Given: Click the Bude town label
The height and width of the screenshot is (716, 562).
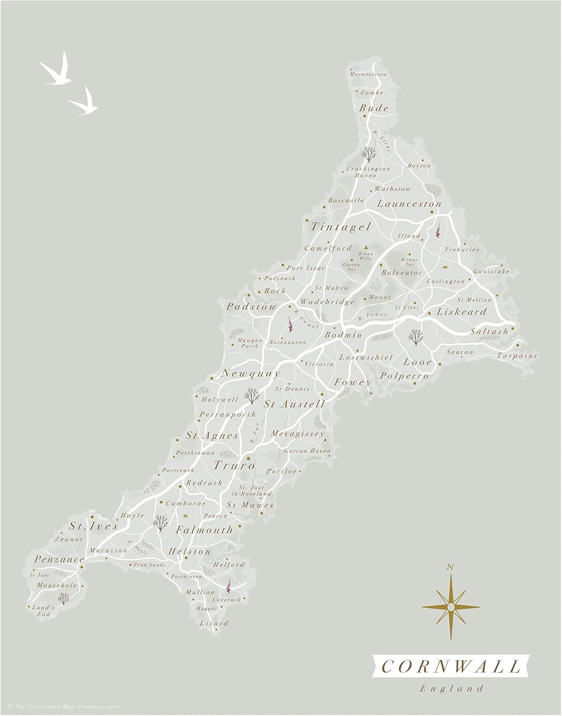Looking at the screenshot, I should pos(374,108).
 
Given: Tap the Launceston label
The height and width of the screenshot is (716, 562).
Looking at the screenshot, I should pos(409,204).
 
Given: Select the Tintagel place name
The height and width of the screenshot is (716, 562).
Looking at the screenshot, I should pos(341,227).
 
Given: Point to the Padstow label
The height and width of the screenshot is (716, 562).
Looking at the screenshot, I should pos(251,307).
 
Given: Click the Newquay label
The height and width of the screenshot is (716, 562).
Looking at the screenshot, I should pos(251,374).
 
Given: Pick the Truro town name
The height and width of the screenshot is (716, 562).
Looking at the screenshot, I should pos(234,465).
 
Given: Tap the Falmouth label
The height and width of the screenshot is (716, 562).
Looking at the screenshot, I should pos(204,530).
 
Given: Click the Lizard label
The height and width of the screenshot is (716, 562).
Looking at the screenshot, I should pos(214,623).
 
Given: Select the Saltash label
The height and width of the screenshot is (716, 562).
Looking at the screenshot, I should pos(489,331).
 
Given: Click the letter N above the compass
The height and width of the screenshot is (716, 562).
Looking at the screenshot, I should pos(449,567).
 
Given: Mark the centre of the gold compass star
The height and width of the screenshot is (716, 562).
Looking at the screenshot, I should pos(450,606).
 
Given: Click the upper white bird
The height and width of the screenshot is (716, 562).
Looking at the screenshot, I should pos(56,72).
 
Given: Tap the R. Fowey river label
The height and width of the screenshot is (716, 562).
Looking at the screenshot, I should pos(373,316).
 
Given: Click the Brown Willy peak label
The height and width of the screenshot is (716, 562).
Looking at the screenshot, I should pos(366,256).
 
